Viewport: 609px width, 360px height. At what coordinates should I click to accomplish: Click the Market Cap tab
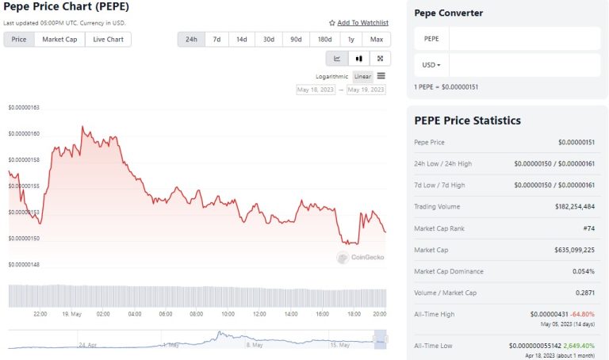point(60,39)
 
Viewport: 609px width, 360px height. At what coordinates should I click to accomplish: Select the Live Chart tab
point(109,39)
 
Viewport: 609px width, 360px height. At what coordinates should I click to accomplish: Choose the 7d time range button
point(216,39)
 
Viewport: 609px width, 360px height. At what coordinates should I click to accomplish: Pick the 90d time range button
point(296,39)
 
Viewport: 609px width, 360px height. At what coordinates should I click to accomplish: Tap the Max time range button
point(377,39)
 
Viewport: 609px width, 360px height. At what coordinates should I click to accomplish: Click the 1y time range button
point(350,39)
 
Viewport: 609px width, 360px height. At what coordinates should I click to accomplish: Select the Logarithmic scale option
point(331,76)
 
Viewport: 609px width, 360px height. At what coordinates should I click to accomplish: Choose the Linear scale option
point(362,76)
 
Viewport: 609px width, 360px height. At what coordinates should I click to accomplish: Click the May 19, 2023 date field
point(366,90)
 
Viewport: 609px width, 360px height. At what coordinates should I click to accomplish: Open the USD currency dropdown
point(431,64)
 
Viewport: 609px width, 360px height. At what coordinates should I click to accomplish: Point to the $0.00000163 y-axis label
point(24,107)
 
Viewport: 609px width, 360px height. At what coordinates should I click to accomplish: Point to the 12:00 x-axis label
point(259,314)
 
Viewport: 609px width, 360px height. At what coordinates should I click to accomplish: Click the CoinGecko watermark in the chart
point(362,257)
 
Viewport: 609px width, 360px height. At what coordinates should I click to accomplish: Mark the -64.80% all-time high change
point(583,315)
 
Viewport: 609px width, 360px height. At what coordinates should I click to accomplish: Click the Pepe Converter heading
point(448,13)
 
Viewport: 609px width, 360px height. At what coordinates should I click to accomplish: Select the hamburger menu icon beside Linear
point(381,76)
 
